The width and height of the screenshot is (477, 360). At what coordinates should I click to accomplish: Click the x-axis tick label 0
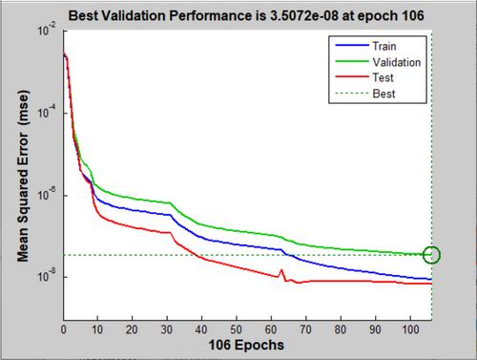pos(64,329)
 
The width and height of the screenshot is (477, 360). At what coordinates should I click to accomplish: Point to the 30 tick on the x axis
pos(167,329)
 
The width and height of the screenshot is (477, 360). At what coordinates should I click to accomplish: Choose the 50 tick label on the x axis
pos(237,329)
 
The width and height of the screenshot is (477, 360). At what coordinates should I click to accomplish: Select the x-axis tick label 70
pos(305,329)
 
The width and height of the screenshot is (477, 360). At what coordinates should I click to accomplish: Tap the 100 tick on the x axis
pos(410,329)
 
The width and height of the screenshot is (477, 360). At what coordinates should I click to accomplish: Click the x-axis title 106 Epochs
pos(246,346)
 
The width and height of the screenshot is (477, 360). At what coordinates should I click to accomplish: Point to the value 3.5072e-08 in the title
pos(304,15)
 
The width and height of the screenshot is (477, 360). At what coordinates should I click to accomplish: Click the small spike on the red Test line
pos(281,270)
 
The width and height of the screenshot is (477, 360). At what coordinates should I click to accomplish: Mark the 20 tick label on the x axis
pos(132,329)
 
